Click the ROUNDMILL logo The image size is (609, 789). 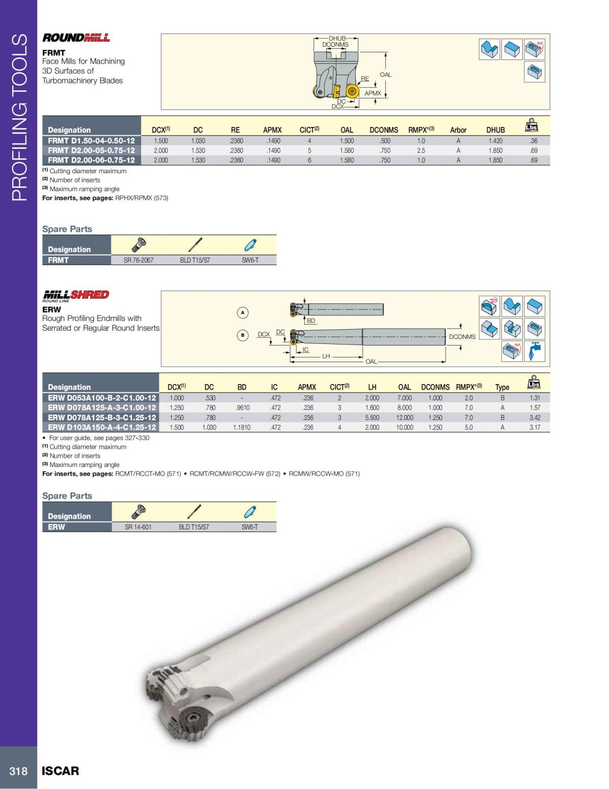tap(76, 38)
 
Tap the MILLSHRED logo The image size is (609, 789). tap(76, 295)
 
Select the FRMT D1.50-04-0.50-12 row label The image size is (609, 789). tap(91, 141)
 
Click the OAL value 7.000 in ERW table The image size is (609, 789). tap(404, 398)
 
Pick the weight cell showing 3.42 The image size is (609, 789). tap(535, 418)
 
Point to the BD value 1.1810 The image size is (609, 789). tap(242, 428)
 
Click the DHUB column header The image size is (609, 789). tap(495, 130)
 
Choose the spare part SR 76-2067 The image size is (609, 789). tap(139, 260)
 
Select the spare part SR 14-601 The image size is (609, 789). tap(138, 527)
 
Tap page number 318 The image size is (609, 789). tap(18, 771)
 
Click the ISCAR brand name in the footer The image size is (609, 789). tap(60, 771)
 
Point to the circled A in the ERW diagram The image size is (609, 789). tap(243, 312)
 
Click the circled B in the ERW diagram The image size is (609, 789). tap(243, 335)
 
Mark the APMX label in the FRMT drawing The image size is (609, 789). tap(373, 93)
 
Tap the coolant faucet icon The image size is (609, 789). tap(534, 352)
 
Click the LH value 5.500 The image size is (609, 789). tap(372, 418)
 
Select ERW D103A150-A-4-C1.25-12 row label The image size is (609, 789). tap(102, 428)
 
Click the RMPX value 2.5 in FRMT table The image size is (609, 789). tap(421, 151)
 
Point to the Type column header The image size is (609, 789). tap(502, 387)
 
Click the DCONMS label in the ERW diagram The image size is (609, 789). tap(462, 337)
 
